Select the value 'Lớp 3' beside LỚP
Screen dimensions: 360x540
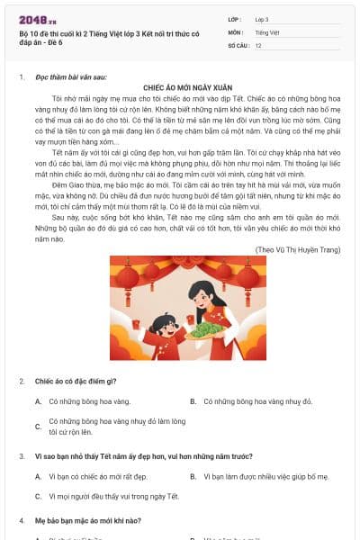point(263,19)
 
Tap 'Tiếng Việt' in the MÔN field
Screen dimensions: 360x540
point(267,31)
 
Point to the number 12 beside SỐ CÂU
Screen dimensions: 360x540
point(259,44)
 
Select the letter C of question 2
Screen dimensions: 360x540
point(38,426)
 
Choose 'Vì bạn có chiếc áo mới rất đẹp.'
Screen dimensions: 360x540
point(97,476)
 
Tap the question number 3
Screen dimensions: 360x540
point(22,456)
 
